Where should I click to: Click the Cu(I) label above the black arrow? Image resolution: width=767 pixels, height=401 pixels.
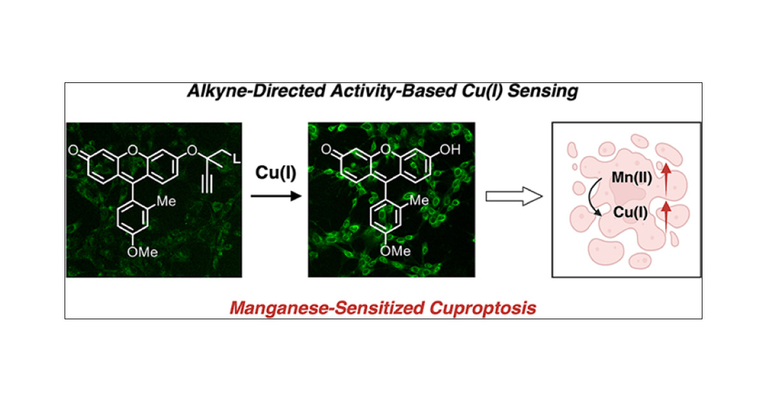tap(275, 173)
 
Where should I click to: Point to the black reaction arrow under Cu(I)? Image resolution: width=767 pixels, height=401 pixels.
tap(275, 196)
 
